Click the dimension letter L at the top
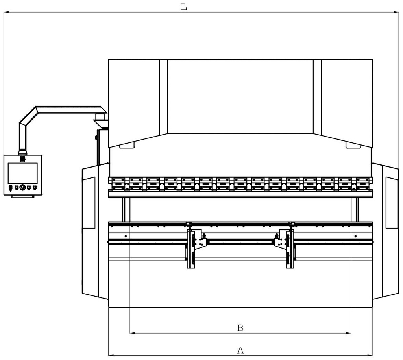pos(184,7)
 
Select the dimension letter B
pos(240,328)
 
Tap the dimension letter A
pos(240,350)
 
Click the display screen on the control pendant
pos(22,173)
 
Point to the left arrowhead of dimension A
pos(111,356)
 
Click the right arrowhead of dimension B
pos(348,333)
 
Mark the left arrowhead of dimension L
pos(7,12)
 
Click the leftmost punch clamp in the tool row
pos(118,184)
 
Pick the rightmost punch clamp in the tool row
pos(362,184)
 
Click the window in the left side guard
pos(89,203)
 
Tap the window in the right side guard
pos(392,203)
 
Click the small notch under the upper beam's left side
pos(127,146)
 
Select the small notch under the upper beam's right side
pos(353,146)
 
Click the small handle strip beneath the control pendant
pos(22,197)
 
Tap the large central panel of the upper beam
pos(240,96)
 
